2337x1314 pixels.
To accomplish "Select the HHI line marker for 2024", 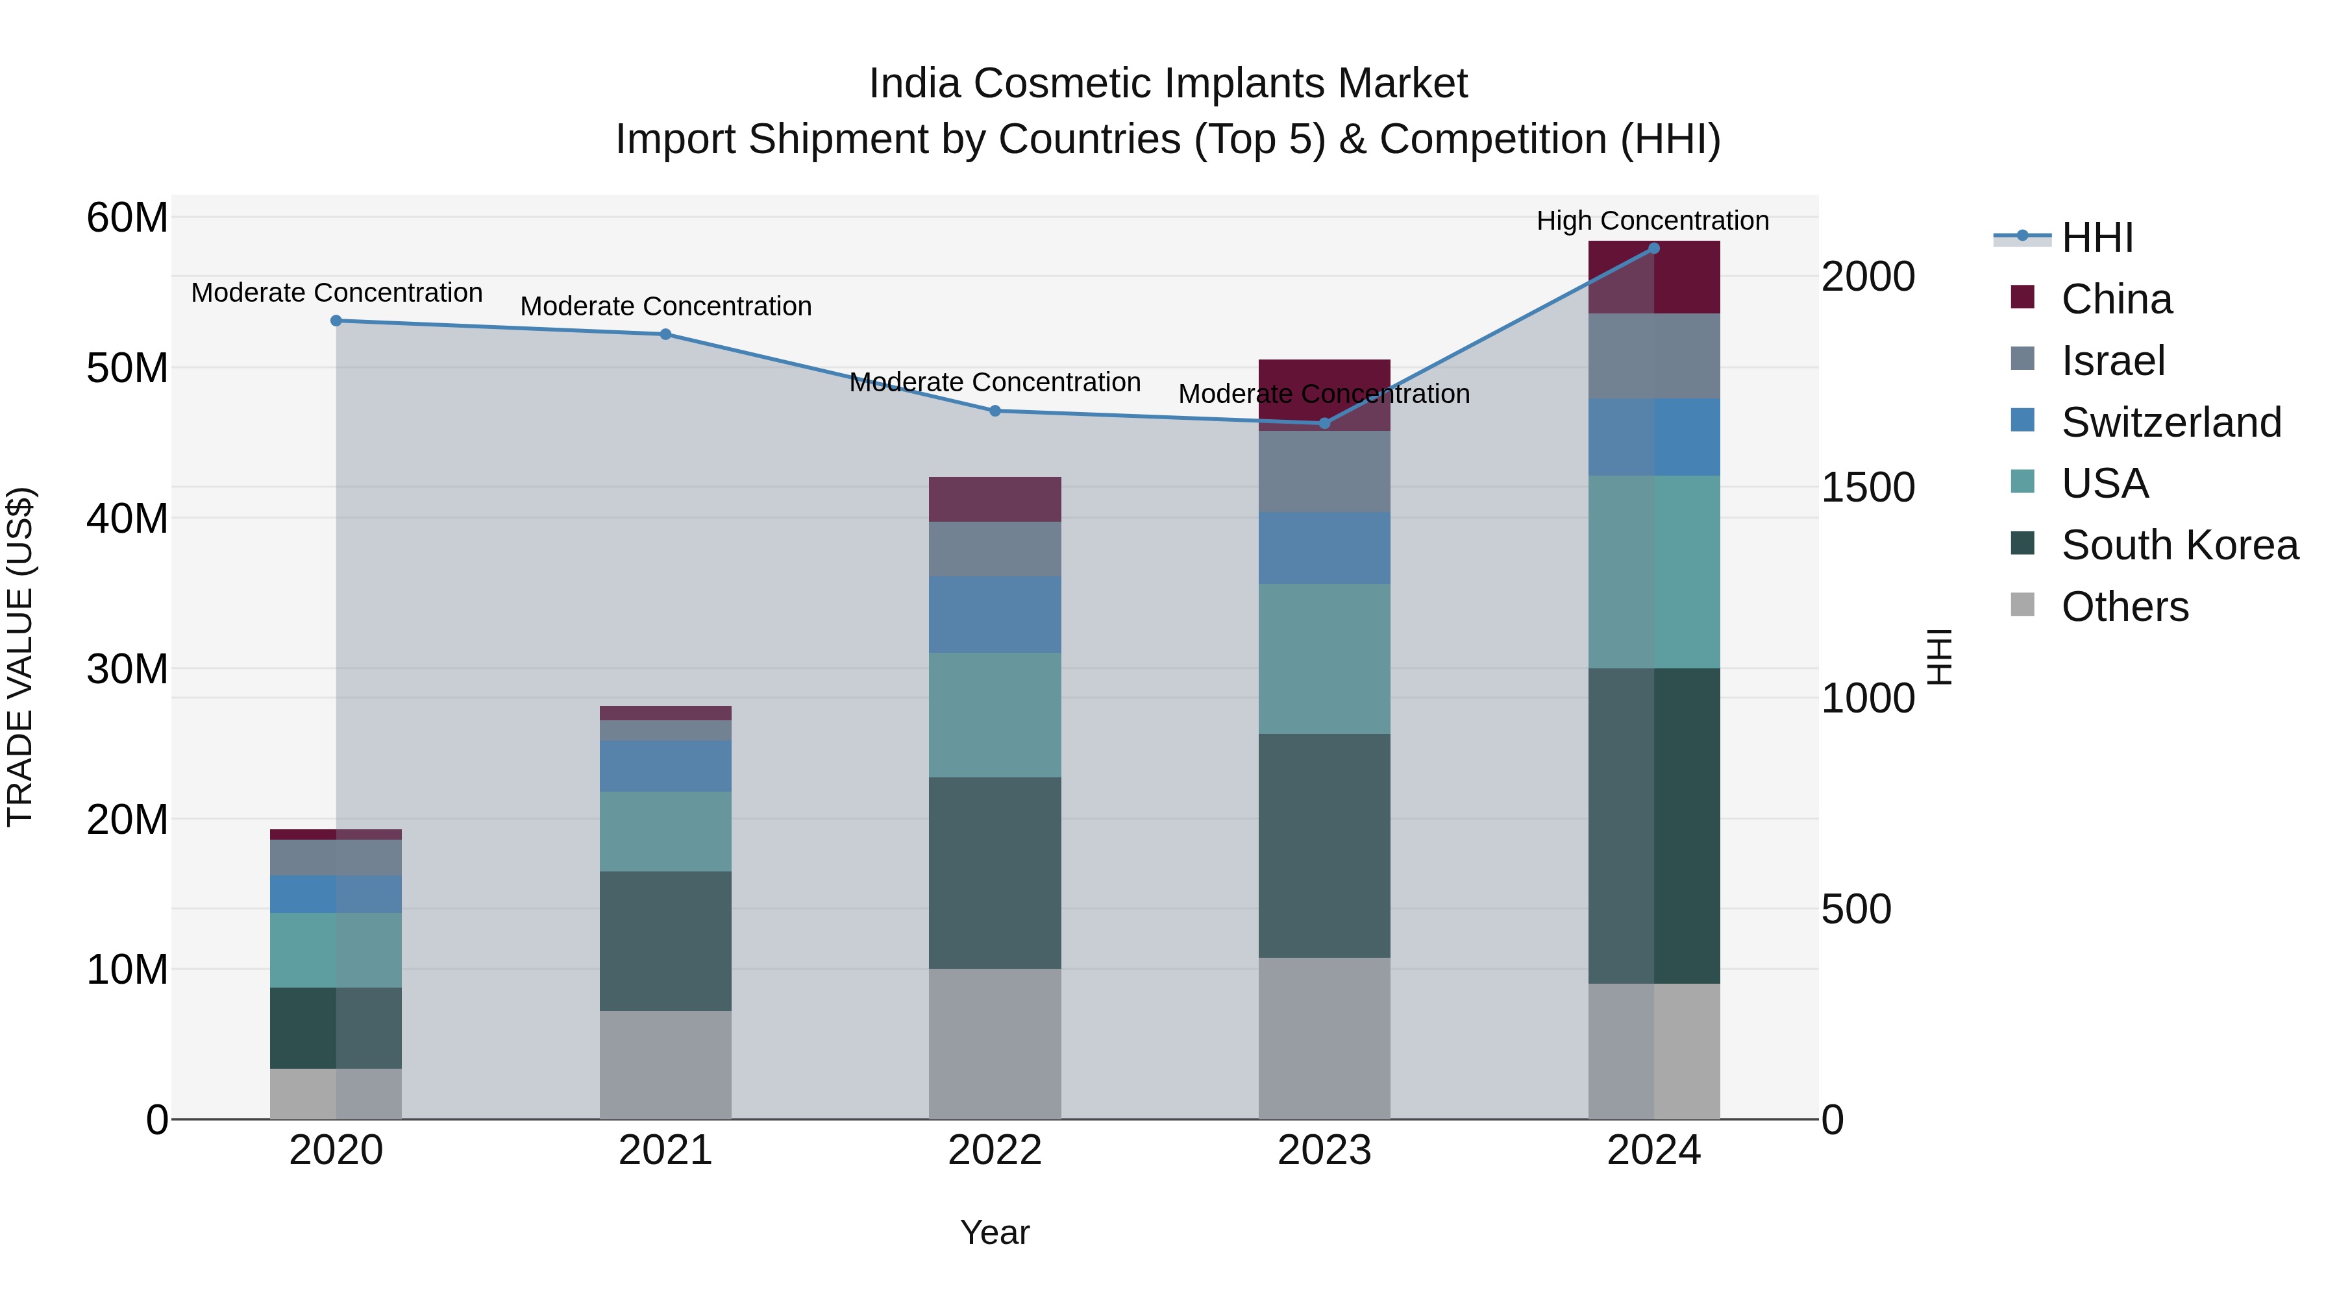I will pyautogui.click(x=1653, y=249).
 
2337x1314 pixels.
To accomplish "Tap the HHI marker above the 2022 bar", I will pyautogui.click(x=995, y=411).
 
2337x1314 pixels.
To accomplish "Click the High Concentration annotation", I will pyautogui.click(x=1652, y=221).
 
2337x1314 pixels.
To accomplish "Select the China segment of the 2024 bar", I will pyautogui.click(x=1653, y=278).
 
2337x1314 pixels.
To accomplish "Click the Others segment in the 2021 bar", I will pyautogui.click(x=665, y=1065).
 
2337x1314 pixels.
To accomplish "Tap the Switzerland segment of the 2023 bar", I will pyautogui.click(x=1324, y=548).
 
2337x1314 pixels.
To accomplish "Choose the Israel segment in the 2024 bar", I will pyautogui.click(x=1653, y=356).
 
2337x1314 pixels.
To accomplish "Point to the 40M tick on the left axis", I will pyautogui.click(x=127, y=518).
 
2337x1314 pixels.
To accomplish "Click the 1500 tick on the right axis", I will pyautogui.click(x=1867, y=488).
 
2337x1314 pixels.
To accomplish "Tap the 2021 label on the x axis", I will pyautogui.click(x=665, y=1150).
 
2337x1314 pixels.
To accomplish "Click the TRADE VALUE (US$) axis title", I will pyautogui.click(x=20, y=657).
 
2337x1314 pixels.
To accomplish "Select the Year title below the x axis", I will pyautogui.click(x=995, y=1232).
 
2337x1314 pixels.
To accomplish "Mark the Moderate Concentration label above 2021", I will pyautogui.click(x=665, y=306).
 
